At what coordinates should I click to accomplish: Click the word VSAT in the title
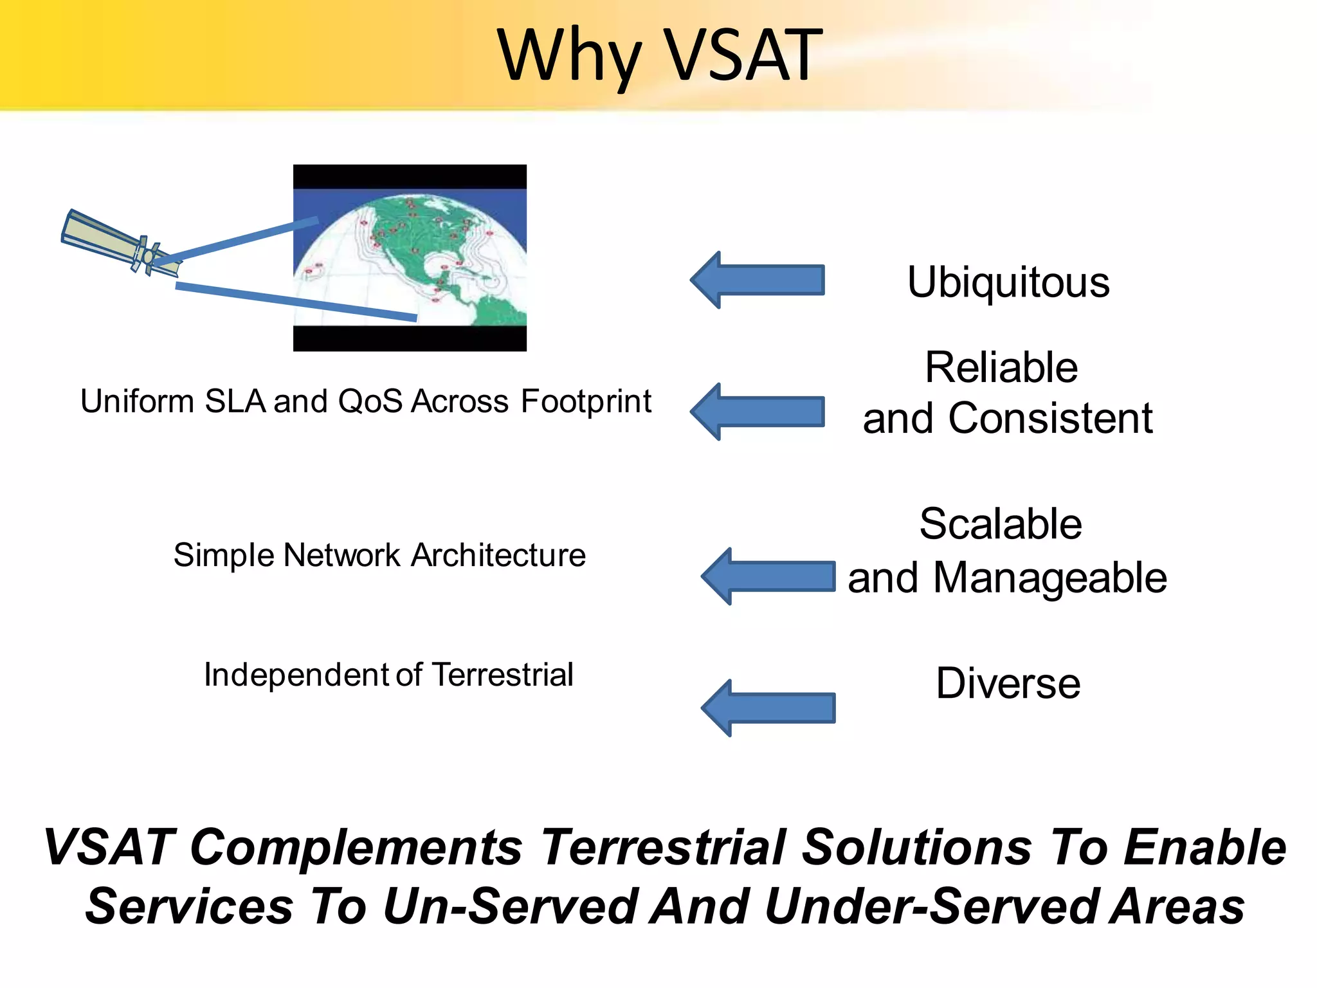742,56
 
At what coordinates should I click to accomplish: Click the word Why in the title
569,58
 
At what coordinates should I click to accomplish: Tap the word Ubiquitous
1008,282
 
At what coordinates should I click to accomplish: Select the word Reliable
1001,368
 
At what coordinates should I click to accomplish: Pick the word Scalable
1001,524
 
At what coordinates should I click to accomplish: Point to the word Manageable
1049,578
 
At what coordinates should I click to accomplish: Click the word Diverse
1008,683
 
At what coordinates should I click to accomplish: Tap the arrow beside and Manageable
768,576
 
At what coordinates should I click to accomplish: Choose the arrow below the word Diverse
768,708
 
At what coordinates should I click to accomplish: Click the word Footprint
586,402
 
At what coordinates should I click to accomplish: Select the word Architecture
498,555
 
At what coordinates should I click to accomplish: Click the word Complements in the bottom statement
356,848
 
